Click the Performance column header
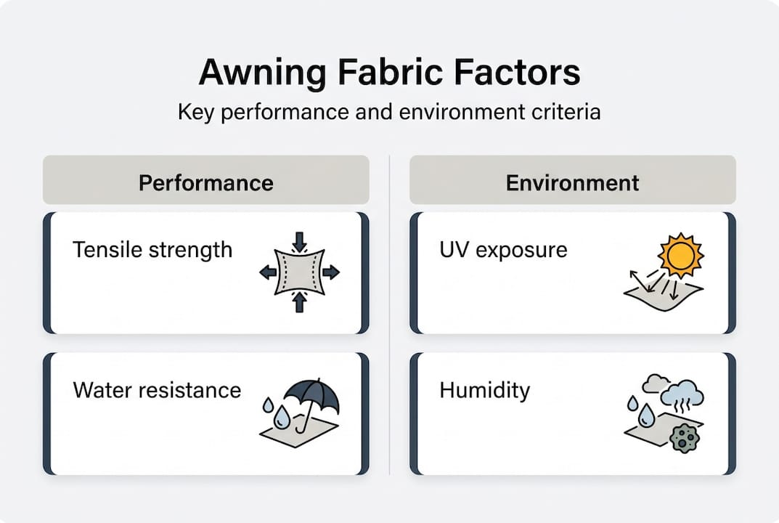point(205,182)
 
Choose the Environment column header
point(572,182)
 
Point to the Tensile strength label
point(152,250)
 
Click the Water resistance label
point(157,390)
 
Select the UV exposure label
point(503,250)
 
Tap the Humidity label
point(484,390)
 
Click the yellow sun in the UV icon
point(680,255)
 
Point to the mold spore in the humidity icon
point(682,438)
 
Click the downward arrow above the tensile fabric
point(299,242)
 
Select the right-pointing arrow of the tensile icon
point(330,272)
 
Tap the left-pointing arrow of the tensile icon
point(268,272)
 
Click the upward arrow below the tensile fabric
point(299,303)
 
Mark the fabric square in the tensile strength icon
point(299,272)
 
